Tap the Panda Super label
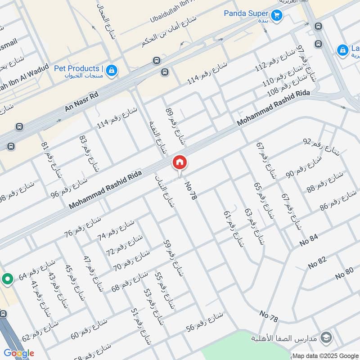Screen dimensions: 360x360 (x=247, y=13)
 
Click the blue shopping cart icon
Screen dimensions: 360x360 (x=276, y=15)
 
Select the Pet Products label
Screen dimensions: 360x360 (x=78, y=69)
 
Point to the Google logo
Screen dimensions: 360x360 (x=18, y=353)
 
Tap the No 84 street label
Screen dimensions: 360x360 (x=309, y=241)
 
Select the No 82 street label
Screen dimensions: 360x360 (x=317, y=262)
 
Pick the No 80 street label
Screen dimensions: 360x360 (x=344, y=272)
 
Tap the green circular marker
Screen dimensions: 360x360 (x=7, y=279)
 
